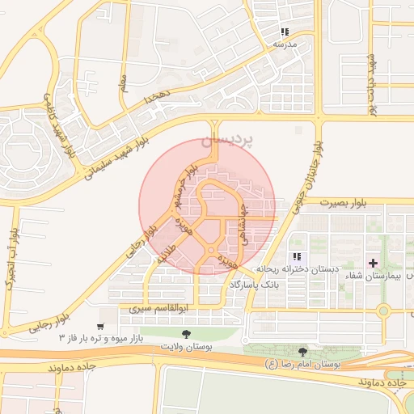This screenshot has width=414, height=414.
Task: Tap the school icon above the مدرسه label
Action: pyautogui.click(x=285, y=31)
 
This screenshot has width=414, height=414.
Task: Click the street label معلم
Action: pyautogui.click(x=124, y=83)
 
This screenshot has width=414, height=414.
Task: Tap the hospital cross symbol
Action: pyautogui.click(x=373, y=263)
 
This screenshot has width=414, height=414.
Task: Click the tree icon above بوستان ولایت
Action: pyautogui.click(x=188, y=334)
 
